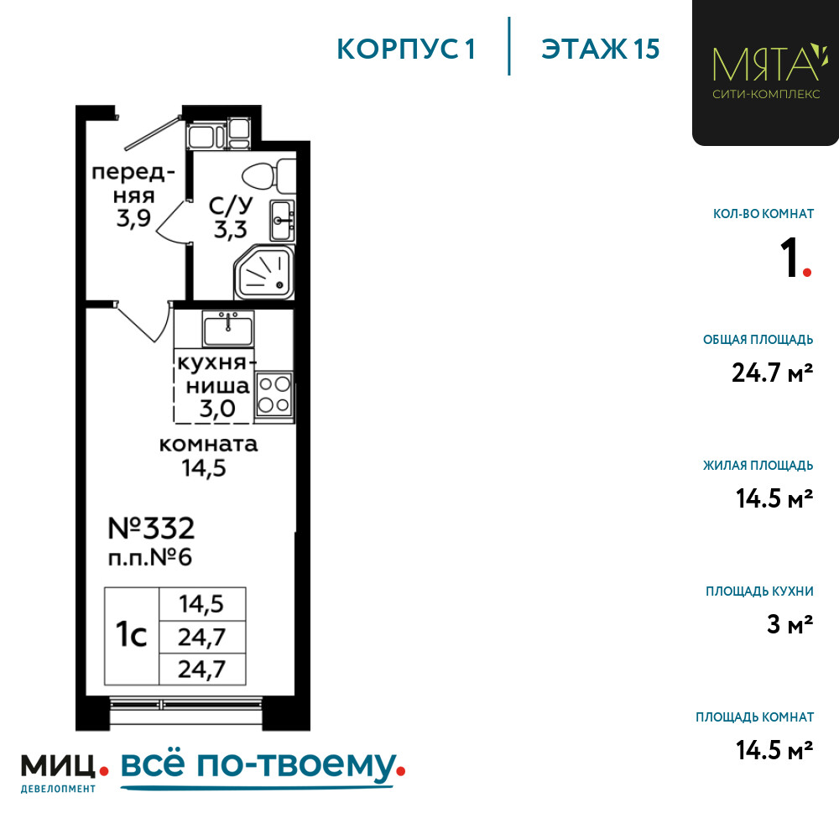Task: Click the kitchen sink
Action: click(227, 328)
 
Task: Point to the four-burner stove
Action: click(274, 395)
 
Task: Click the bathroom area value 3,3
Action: click(224, 230)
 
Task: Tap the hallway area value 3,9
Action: click(134, 219)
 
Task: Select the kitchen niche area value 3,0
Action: click(216, 409)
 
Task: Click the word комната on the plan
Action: click(208, 445)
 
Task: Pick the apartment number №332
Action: click(152, 528)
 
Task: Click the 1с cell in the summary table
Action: click(131, 635)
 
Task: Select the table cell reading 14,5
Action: click(201, 603)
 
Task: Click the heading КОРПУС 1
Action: click(406, 50)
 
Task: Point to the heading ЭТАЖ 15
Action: click(600, 50)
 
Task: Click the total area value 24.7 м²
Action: click(773, 372)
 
